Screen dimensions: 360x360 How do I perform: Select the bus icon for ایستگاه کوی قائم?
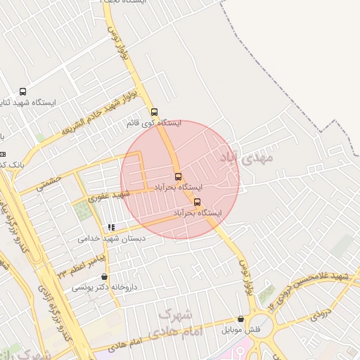(x=154, y=112)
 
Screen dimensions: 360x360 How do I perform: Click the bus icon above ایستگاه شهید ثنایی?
(x=23, y=91)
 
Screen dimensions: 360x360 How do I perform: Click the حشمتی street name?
(x=50, y=184)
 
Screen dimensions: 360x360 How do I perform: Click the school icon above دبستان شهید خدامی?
(x=111, y=228)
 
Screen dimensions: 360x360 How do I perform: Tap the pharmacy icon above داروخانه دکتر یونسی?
(x=105, y=277)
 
